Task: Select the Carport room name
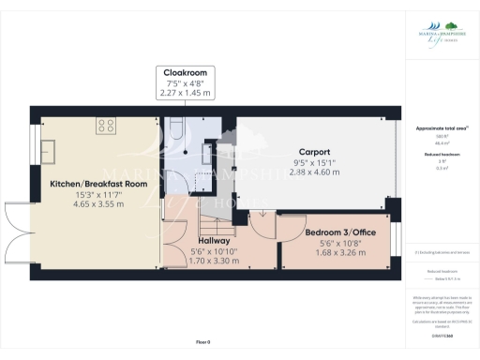314,151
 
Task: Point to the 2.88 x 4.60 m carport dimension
314,172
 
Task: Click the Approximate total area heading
441,127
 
